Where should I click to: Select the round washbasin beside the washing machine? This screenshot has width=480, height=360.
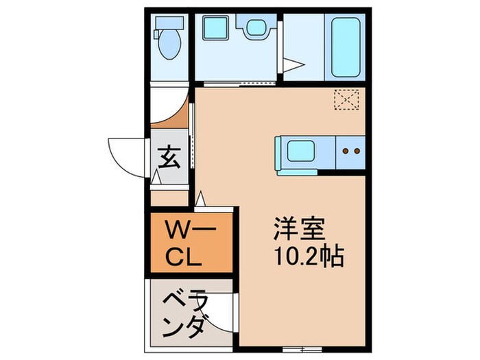(x=255, y=28)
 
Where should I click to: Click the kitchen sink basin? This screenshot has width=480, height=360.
(x=301, y=150)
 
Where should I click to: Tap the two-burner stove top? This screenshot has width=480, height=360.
(x=351, y=150)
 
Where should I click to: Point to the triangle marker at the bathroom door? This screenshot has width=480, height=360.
(x=293, y=66)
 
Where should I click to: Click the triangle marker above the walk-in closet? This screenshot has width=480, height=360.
(x=202, y=200)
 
